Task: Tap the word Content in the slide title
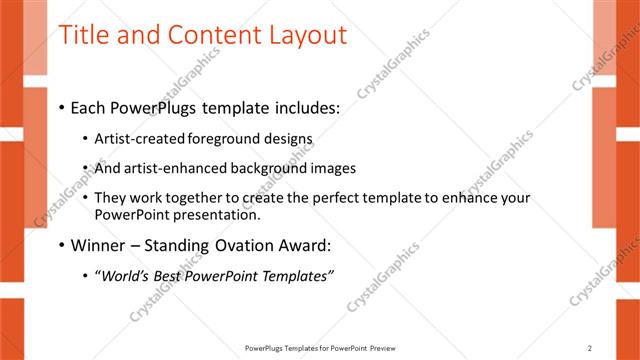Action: pos(204,35)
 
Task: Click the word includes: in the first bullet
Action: pos(306,106)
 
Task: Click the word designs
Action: pos(288,139)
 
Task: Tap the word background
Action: pos(266,168)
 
